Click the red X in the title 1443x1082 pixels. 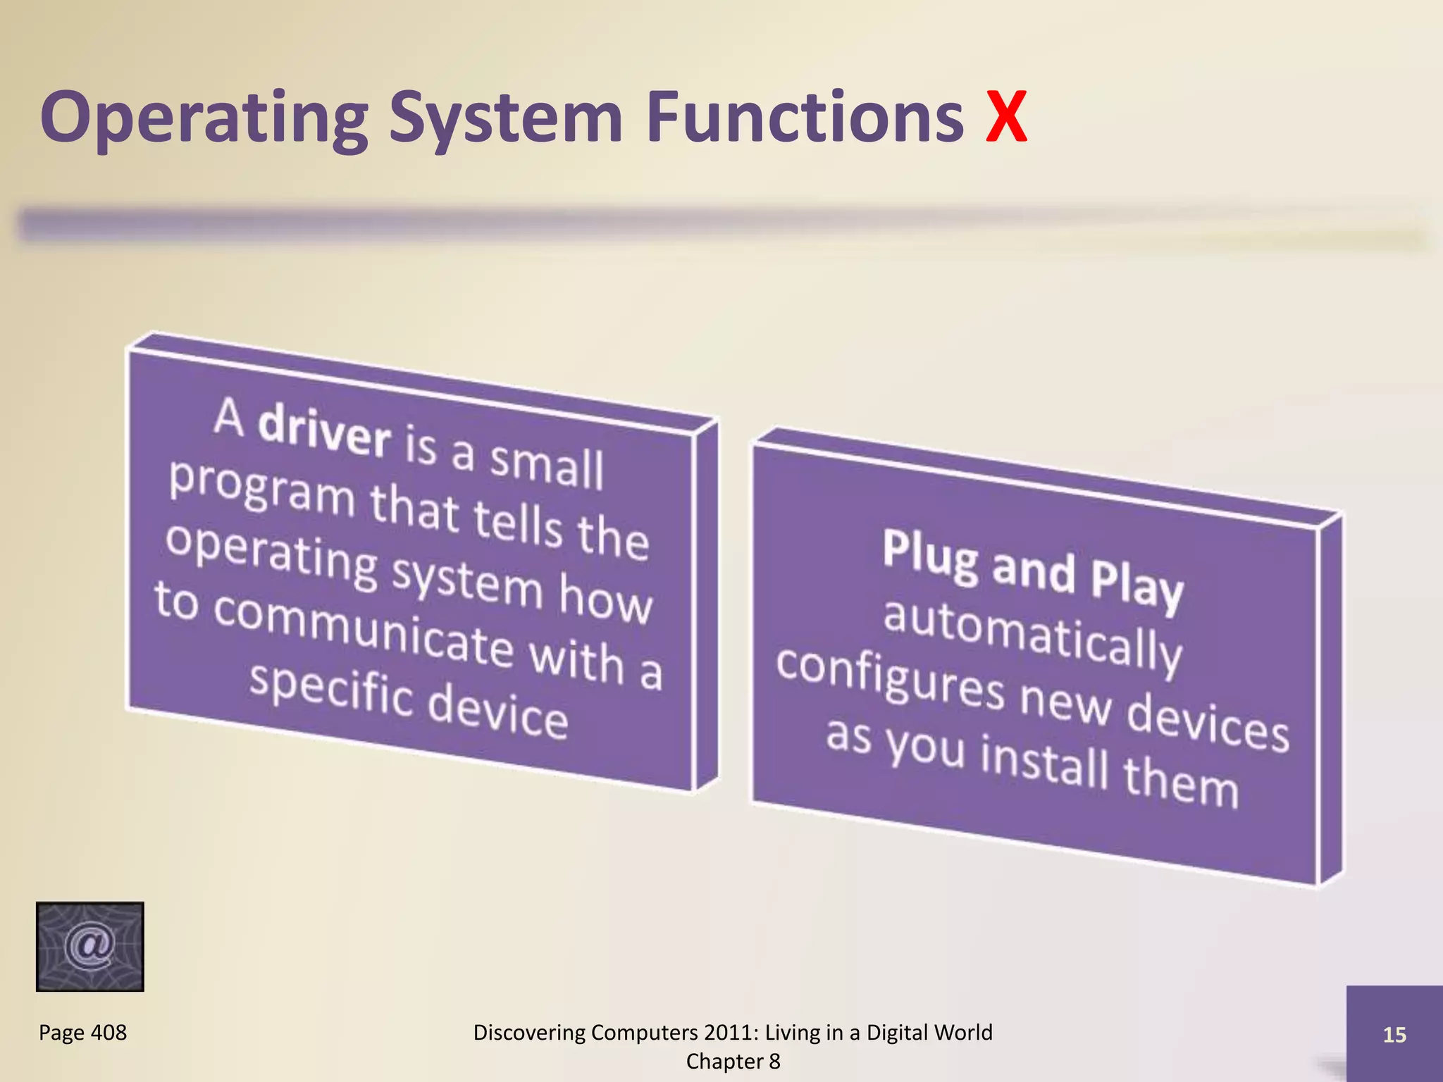1005,117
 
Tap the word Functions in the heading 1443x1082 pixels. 804,117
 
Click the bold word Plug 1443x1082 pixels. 930,556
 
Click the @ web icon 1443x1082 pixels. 90,946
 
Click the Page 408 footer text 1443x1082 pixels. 82,1033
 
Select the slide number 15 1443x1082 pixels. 1394,1035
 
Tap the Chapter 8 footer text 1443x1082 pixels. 733,1062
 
